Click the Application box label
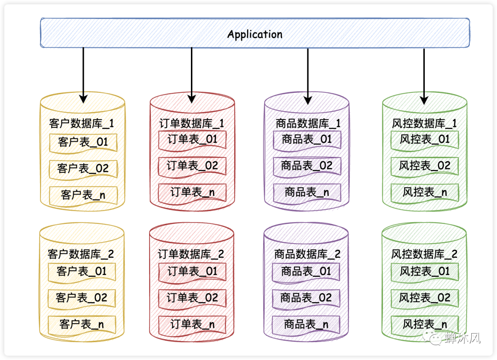tap(254, 34)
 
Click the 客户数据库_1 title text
tap(81, 124)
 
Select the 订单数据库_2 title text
tap(191, 254)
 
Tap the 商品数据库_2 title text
tap(307, 254)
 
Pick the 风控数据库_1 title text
tap(424, 124)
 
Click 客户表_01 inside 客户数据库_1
tap(83, 142)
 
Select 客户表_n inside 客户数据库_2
tap(81, 325)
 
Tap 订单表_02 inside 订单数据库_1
tap(192, 166)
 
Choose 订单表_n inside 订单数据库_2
tap(192, 324)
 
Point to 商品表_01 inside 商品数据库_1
tap(307, 139)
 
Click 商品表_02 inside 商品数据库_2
tap(306, 298)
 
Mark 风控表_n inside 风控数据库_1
tap(424, 192)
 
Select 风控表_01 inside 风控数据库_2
tap(424, 271)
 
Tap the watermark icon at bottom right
tap(435, 339)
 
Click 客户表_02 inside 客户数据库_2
tap(81, 298)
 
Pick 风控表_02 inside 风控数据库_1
tap(424, 166)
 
